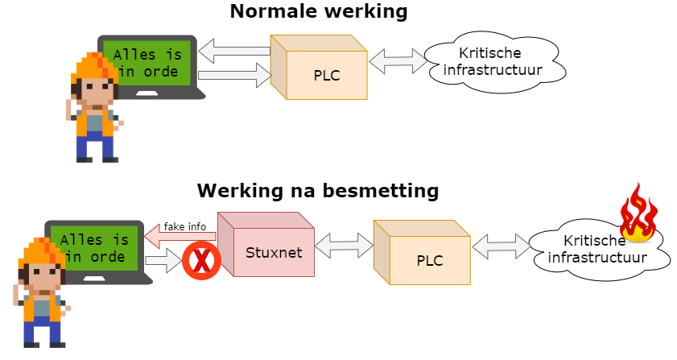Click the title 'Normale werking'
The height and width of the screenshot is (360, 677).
pos(318,11)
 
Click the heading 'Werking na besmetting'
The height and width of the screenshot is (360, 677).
pos(318,192)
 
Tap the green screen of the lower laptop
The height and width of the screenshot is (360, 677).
pos(93,248)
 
